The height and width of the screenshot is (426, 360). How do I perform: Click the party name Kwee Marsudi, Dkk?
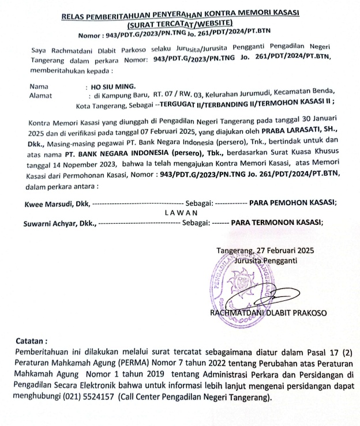click(x=57, y=203)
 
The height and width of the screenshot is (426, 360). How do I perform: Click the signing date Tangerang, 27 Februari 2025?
click(x=265, y=251)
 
